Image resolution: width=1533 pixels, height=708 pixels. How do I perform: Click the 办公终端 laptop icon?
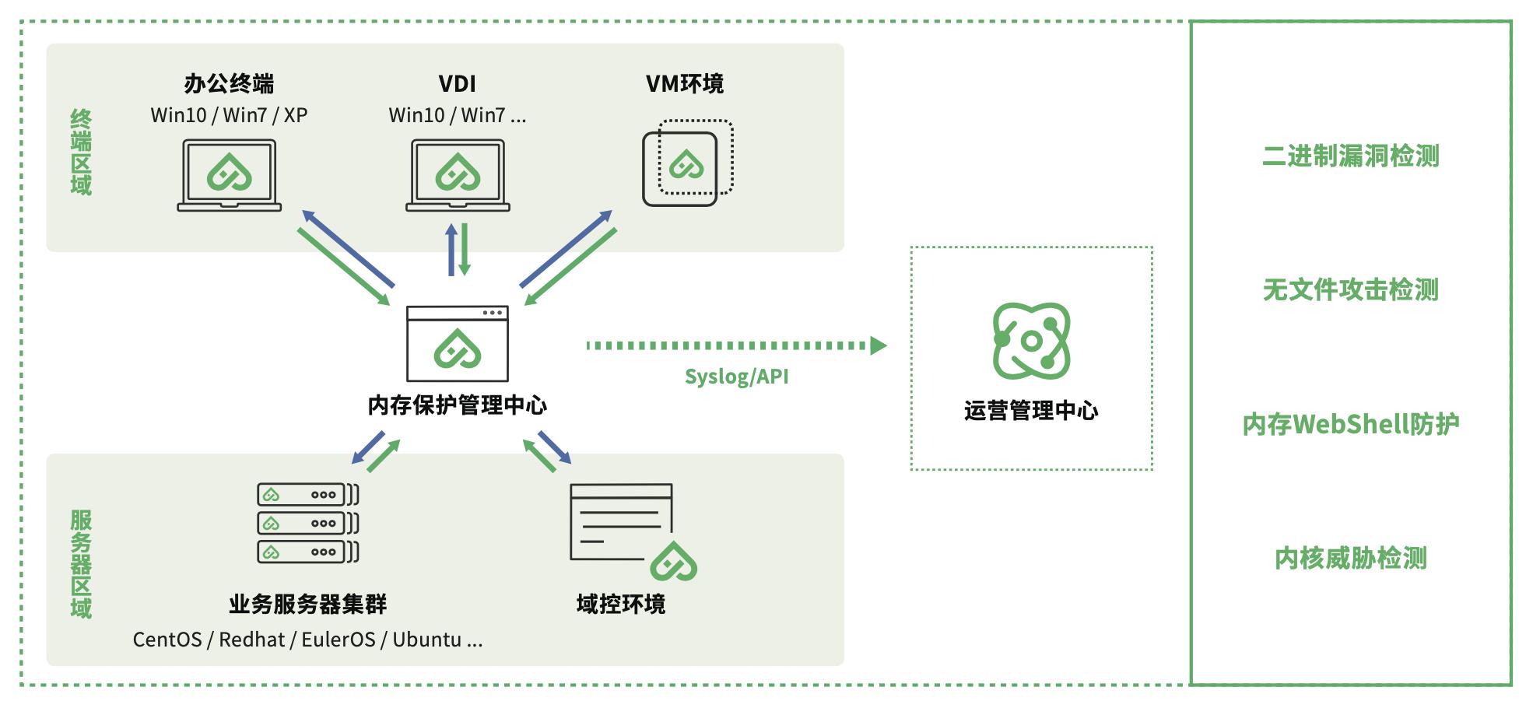tap(229, 175)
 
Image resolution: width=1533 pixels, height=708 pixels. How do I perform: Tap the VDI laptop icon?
tap(458, 175)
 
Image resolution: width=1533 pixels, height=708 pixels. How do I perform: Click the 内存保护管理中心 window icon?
tap(458, 343)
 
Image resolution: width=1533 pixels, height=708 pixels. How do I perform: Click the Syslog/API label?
tap(736, 377)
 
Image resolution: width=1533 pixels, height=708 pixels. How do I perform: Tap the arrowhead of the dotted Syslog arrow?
tap(879, 345)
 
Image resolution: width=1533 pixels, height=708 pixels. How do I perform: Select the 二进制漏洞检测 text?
tap(1350, 156)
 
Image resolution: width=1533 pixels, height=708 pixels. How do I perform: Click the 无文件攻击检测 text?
tap(1350, 290)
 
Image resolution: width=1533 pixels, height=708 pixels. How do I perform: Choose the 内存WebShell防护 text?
tap(1350, 424)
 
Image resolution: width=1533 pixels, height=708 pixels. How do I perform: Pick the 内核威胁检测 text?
tap(1350, 558)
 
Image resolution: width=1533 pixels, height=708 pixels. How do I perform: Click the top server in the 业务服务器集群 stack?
tap(308, 494)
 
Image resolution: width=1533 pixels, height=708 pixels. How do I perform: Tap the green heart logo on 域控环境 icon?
tap(673, 561)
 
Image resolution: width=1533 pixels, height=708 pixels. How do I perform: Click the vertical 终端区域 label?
tap(81, 152)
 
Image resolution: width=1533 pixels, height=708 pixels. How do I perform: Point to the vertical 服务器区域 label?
tap(81, 564)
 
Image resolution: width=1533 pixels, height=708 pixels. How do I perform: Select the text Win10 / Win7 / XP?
tap(229, 115)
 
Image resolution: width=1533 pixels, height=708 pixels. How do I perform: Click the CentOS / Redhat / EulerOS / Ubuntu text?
tap(307, 640)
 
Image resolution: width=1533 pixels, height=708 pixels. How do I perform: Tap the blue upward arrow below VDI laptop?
tap(451, 250)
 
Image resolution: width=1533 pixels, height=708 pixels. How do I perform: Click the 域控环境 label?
tap(620, 605)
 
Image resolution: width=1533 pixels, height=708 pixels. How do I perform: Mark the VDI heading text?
tap(458, 84)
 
